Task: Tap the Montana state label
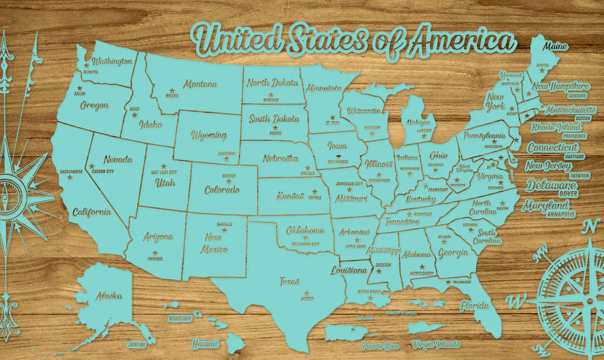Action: pos(200,84)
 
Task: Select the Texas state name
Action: pos(290,282)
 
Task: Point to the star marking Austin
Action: pos(306,293)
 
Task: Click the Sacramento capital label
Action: pos(70,171)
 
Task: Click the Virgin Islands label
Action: pos(436,344)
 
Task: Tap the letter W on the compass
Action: pos(512,301)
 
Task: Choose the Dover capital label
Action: pos(568,193)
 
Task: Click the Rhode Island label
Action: pos(556,127)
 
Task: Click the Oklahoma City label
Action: pos(305,244)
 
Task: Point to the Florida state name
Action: pos(474,306)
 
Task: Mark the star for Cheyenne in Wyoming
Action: pos(226,159)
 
